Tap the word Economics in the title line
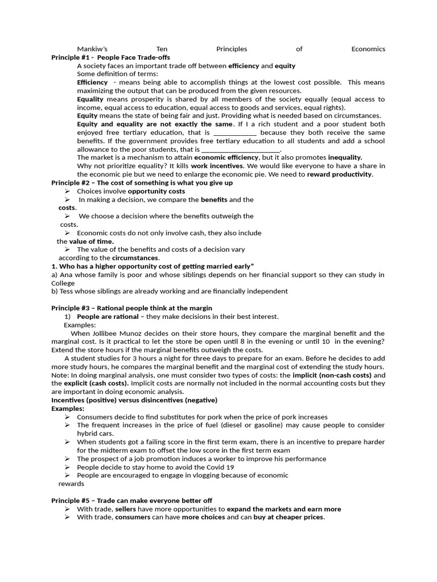tap(368, 49)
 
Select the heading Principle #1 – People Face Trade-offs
tap(110, 57)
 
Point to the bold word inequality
tap(345, 157)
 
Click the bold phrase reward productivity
tap(340, 174)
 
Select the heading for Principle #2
tap(142, 183)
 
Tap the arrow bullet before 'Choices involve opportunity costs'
tap(68, 192)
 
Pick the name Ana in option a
tap(66, 275)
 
